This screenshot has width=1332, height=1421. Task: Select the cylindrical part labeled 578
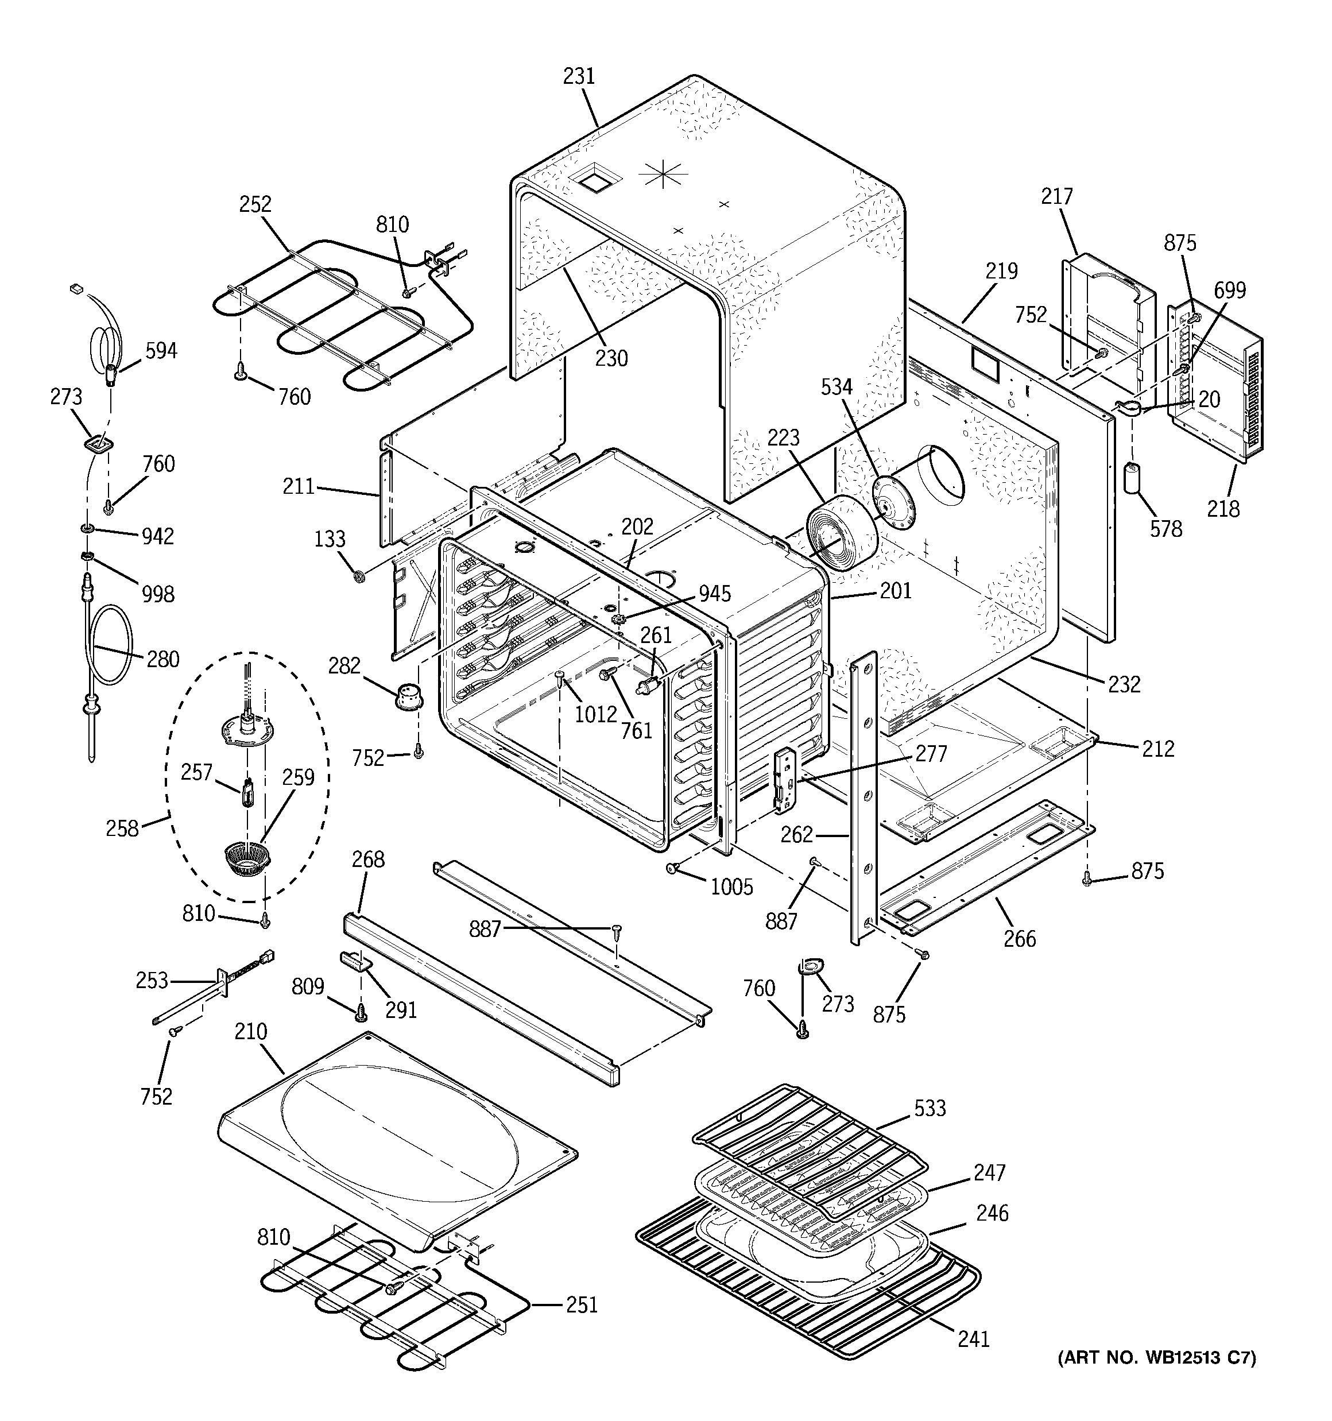[x=1132, y=478]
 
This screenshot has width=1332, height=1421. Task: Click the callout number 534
[x=836, y=387]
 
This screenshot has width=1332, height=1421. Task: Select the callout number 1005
[x=731, y=887]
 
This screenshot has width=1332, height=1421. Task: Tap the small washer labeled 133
[x=359, y=575]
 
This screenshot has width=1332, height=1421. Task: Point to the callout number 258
[x=122, y=828]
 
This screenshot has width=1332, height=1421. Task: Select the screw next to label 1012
[x=560, y=676]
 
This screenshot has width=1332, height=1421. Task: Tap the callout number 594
[x=161, y=351]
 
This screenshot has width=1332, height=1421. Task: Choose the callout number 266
[x=1019, y=939]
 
